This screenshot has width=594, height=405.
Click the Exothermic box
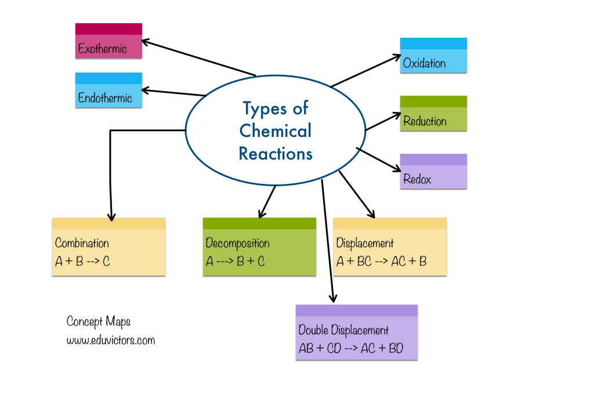tap(108, 41)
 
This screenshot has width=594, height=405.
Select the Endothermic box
tap(108, 91)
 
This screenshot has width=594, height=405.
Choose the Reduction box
tap(433, 114)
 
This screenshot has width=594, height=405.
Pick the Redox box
tap(433, 172)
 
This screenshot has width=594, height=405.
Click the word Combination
tap(82, 243)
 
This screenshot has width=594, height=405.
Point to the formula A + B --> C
tap(82, 261)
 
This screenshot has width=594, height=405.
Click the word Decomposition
tap(238, 243)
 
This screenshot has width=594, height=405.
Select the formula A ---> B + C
tap(236, 261)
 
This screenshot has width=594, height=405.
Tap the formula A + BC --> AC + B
tap(382, 261)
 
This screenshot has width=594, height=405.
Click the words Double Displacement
tap(343, 330)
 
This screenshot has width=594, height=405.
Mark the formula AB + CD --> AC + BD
tap(350, 349)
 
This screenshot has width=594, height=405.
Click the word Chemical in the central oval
tap(276, 131)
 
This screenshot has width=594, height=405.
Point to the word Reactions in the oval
tap(276, 154)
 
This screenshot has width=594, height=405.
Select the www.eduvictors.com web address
tap(111, 340)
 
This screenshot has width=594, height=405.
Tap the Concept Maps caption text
tap(99, 321)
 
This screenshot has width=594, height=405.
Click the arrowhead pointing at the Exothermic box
tap(146, 42)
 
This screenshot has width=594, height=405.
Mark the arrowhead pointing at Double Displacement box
tap(333, 299)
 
